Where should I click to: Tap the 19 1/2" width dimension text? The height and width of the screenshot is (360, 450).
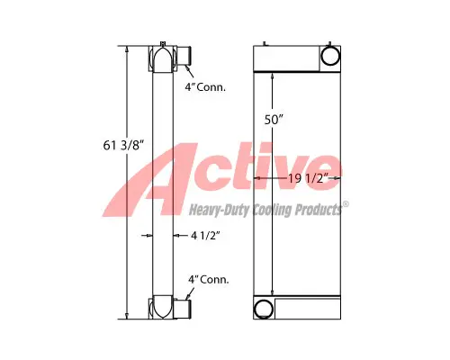pos(307,180)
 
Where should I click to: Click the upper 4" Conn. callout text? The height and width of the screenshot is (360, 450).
pos(205,87)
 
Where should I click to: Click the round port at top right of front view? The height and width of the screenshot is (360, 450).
pos(328,57)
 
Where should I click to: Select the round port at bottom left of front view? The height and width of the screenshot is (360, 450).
pos(264,309)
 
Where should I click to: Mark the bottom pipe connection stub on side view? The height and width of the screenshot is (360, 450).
pos(184,307)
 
